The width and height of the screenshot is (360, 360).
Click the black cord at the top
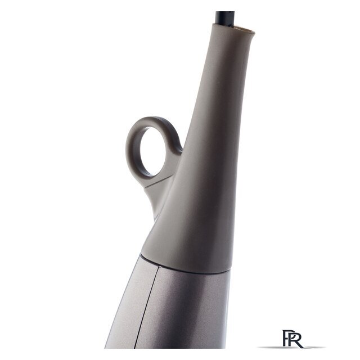point(225,18)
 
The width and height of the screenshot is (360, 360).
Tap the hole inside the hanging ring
point(153,151)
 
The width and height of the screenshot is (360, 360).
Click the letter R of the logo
point(296,339)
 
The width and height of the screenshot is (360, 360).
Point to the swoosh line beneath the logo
point(291,347)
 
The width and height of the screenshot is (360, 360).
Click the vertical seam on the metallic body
point(147,307)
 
